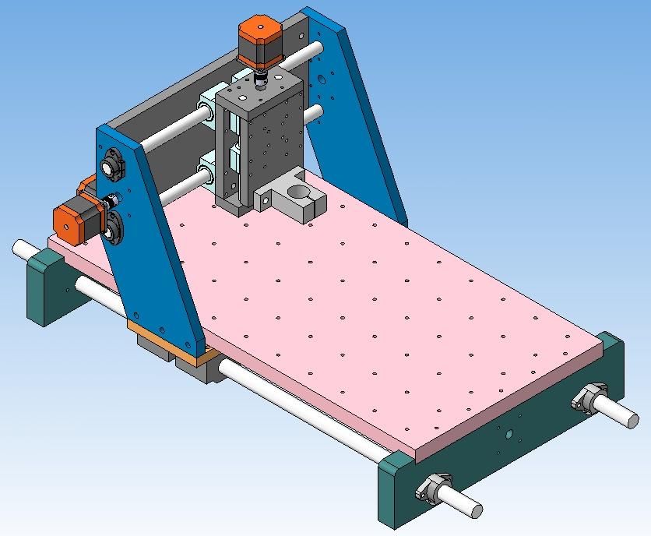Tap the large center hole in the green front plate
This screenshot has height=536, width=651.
click(509, 434)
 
